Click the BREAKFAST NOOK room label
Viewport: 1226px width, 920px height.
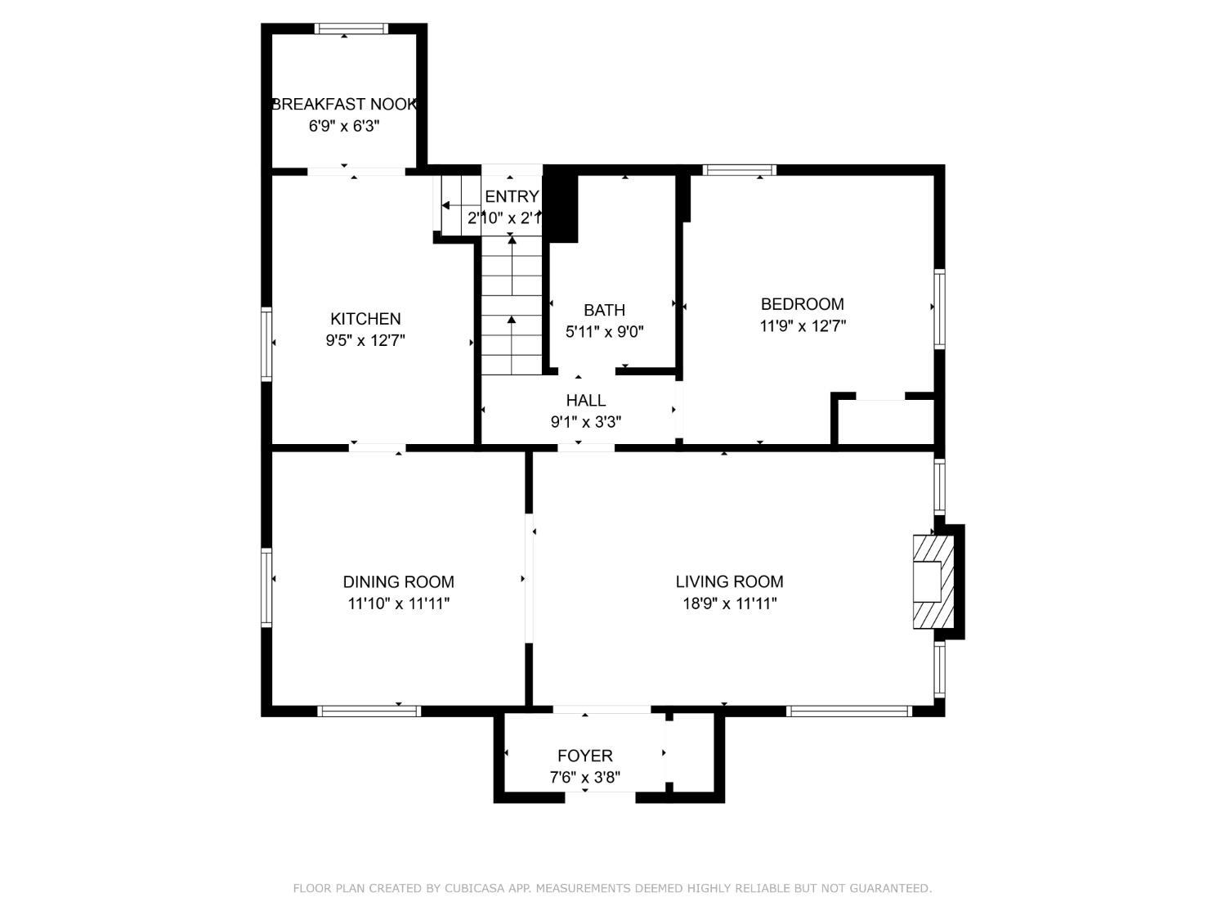343,105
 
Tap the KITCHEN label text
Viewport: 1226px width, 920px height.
365,319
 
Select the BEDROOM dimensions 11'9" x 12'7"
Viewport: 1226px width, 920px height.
803,325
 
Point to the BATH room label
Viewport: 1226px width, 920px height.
604,310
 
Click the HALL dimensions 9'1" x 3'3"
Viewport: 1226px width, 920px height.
586,422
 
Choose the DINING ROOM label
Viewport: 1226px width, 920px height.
398,582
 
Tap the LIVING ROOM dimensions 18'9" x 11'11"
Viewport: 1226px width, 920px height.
729,604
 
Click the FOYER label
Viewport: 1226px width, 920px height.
584,756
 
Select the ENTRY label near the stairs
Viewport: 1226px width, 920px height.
512,196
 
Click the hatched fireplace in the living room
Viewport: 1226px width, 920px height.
933,581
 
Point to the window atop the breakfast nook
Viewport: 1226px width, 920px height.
351,29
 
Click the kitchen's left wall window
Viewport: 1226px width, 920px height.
266,344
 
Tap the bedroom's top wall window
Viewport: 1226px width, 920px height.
739,170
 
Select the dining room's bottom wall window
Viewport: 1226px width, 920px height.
369,711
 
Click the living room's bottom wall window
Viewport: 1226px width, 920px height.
849,711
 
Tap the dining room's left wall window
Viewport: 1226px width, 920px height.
266,587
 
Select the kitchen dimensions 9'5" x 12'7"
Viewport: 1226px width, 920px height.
365,340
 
